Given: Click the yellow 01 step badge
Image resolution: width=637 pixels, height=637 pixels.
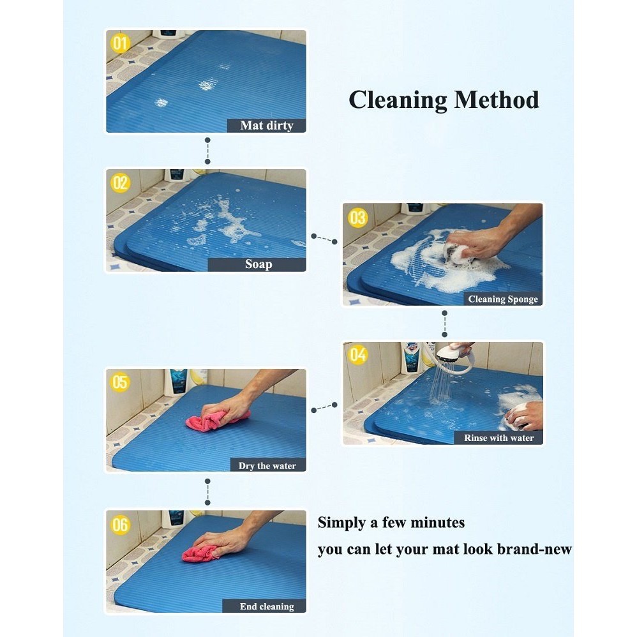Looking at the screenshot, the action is (x=120, y=43).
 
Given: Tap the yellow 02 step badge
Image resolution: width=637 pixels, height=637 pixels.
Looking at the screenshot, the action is (x=120, y=183).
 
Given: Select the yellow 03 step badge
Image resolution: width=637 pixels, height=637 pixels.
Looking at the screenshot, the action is (x=357, y=218).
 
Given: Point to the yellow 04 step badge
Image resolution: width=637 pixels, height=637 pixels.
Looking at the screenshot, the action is (x=358, y=355).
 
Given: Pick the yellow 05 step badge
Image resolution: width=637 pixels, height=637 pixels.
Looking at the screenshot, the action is (x=120, y=382).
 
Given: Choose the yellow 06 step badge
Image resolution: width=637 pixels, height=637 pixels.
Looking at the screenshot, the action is (x=120, y=525).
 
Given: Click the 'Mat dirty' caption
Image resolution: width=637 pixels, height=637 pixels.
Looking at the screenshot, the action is (x=267, y=126).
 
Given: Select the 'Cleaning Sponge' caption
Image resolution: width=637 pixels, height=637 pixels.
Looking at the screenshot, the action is (x=503, y=299).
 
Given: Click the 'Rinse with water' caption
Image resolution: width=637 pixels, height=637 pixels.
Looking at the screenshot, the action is (x=498, y=437).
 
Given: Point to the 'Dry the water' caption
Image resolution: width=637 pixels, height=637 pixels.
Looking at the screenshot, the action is (x=267, y=465).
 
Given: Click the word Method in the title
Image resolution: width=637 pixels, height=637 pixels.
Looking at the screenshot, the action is (x=497, y=100).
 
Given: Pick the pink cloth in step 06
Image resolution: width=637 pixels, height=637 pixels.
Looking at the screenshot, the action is (x=200, y=554).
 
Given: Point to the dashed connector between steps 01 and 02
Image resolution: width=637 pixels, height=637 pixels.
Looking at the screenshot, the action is (x=207, y=151).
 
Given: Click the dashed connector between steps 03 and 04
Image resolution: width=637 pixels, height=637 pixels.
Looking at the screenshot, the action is (x=444, y=324).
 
